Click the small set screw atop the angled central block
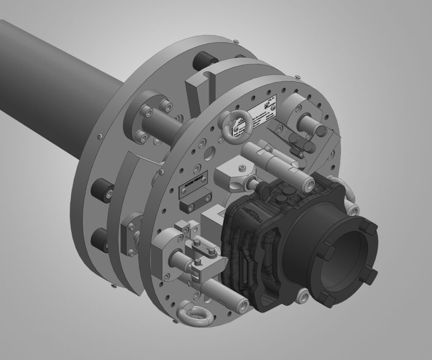[x=243, y=168]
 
